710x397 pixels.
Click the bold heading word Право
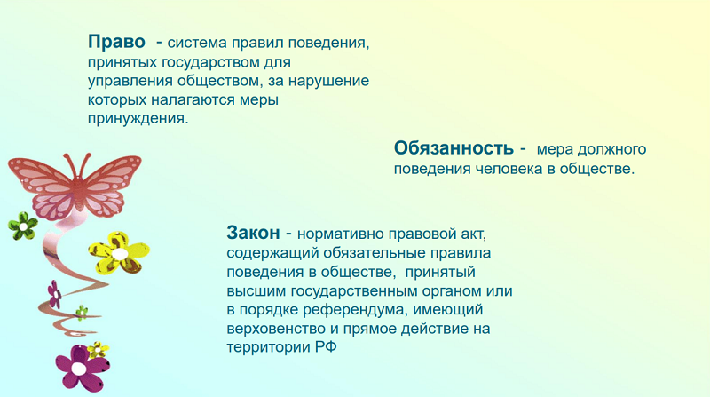116,42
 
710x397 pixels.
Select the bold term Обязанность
454,148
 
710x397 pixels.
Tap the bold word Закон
253,233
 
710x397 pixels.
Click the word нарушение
328,81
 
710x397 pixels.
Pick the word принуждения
138,119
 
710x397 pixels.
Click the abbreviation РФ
327,347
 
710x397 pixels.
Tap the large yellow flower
119,252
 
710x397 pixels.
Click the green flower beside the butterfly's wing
23,226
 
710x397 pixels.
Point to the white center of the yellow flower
120,254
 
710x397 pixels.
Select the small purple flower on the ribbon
55,294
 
